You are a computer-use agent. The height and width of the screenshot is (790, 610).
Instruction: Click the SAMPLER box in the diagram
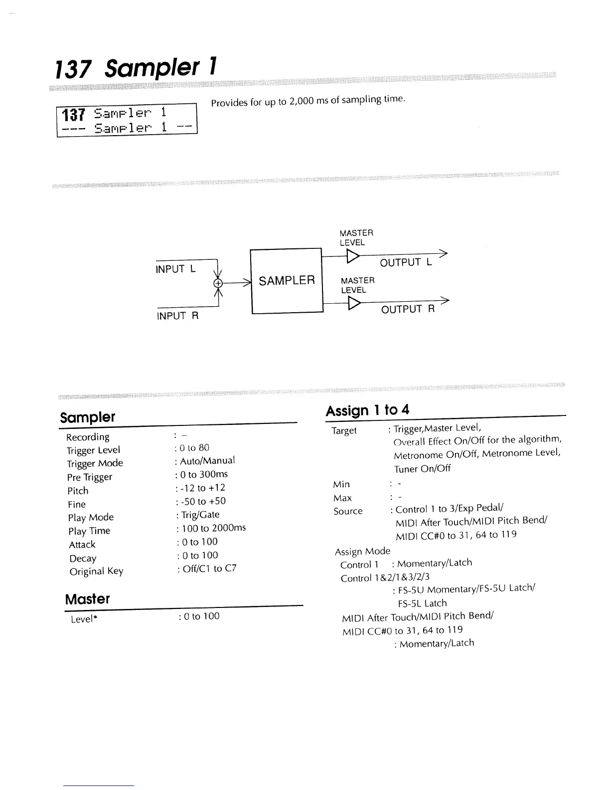[287, 281]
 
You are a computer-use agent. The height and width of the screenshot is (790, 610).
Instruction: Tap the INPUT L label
[176, 269]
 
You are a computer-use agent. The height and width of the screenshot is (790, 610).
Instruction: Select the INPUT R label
[178, 316]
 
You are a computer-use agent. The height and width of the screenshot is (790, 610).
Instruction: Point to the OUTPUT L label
[406, 263]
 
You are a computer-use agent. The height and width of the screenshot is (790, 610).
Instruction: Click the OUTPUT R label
[408, 309]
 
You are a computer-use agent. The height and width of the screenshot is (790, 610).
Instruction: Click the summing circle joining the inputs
[217, 283]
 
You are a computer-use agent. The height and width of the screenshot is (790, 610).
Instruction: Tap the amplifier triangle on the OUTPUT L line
[352, 256]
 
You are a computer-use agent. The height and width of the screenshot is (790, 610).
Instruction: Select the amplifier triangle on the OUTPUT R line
[353, 303]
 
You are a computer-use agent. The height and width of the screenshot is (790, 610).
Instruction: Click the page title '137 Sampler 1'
[136, 67]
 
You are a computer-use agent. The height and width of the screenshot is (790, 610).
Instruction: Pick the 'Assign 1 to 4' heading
[367, 410]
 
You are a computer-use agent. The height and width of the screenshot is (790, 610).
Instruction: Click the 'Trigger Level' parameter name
[93, 450]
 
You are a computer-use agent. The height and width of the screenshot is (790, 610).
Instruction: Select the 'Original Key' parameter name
[96, 571]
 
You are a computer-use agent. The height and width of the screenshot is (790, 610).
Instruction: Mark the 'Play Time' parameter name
[89, 531]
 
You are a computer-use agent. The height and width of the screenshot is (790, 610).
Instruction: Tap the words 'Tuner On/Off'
[422, 468]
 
